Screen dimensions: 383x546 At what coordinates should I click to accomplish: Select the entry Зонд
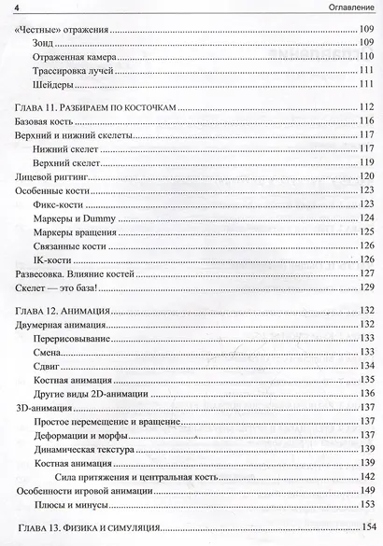[x=44, y=44]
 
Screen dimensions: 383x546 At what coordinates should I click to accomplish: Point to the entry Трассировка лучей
[x=72, y=72]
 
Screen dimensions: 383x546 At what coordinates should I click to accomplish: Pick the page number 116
[x=366, y=123]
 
